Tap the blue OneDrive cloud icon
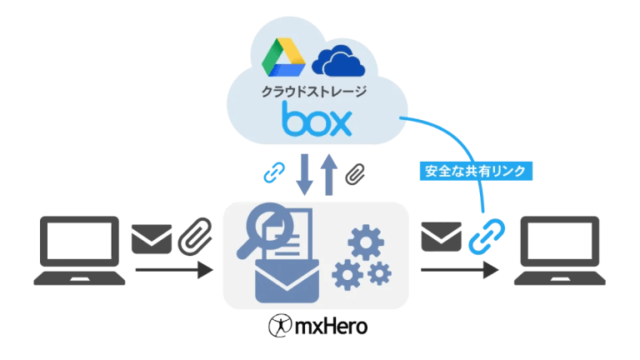click(337, 60)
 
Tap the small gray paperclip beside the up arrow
click(356, 174)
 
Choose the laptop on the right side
click(558, 250)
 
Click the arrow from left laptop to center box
click(176, 270)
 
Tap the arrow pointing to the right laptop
click(459, 270)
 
